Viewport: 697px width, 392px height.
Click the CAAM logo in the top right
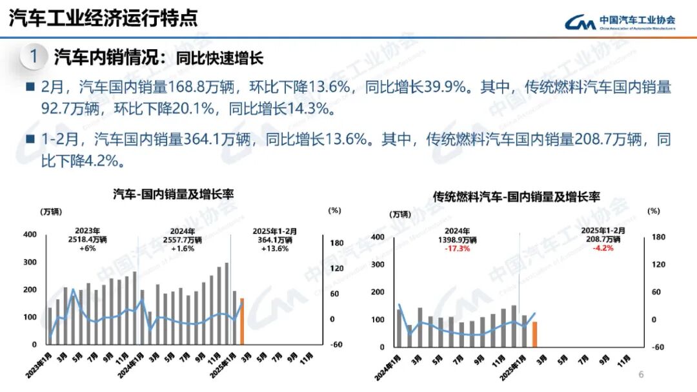620,22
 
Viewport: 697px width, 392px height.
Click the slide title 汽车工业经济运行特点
103,18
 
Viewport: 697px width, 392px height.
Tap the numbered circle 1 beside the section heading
34,57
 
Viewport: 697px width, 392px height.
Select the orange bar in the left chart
242,321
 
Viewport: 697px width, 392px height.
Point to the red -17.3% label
457,249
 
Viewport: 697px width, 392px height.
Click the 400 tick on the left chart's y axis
30,234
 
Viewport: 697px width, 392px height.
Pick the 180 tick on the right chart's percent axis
658,237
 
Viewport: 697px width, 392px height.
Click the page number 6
641,375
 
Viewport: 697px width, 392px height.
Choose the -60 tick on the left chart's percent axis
336,344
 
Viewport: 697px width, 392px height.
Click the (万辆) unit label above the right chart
399,214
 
